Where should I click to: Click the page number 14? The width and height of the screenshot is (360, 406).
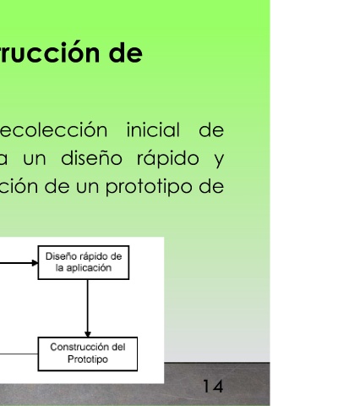213,387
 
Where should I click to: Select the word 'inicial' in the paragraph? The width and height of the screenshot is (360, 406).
153,130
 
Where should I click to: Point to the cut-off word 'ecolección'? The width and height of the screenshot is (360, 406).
53,130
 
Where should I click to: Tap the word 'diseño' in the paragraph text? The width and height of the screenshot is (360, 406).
91,158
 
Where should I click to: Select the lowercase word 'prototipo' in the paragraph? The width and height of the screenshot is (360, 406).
149,187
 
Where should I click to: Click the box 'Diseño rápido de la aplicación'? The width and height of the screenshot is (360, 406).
84,262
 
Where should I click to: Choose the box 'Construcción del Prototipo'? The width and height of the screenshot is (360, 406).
88,354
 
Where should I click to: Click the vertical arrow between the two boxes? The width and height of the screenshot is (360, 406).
88,309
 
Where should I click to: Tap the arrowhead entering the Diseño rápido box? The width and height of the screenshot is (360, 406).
35,263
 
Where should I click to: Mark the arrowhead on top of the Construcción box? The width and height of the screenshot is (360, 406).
88,334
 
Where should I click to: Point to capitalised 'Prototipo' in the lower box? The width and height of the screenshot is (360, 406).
88,359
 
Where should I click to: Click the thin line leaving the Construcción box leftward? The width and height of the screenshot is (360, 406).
19,354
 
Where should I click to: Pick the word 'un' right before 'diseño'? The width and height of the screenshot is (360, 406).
35,159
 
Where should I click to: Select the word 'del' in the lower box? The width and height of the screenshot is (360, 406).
118,347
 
